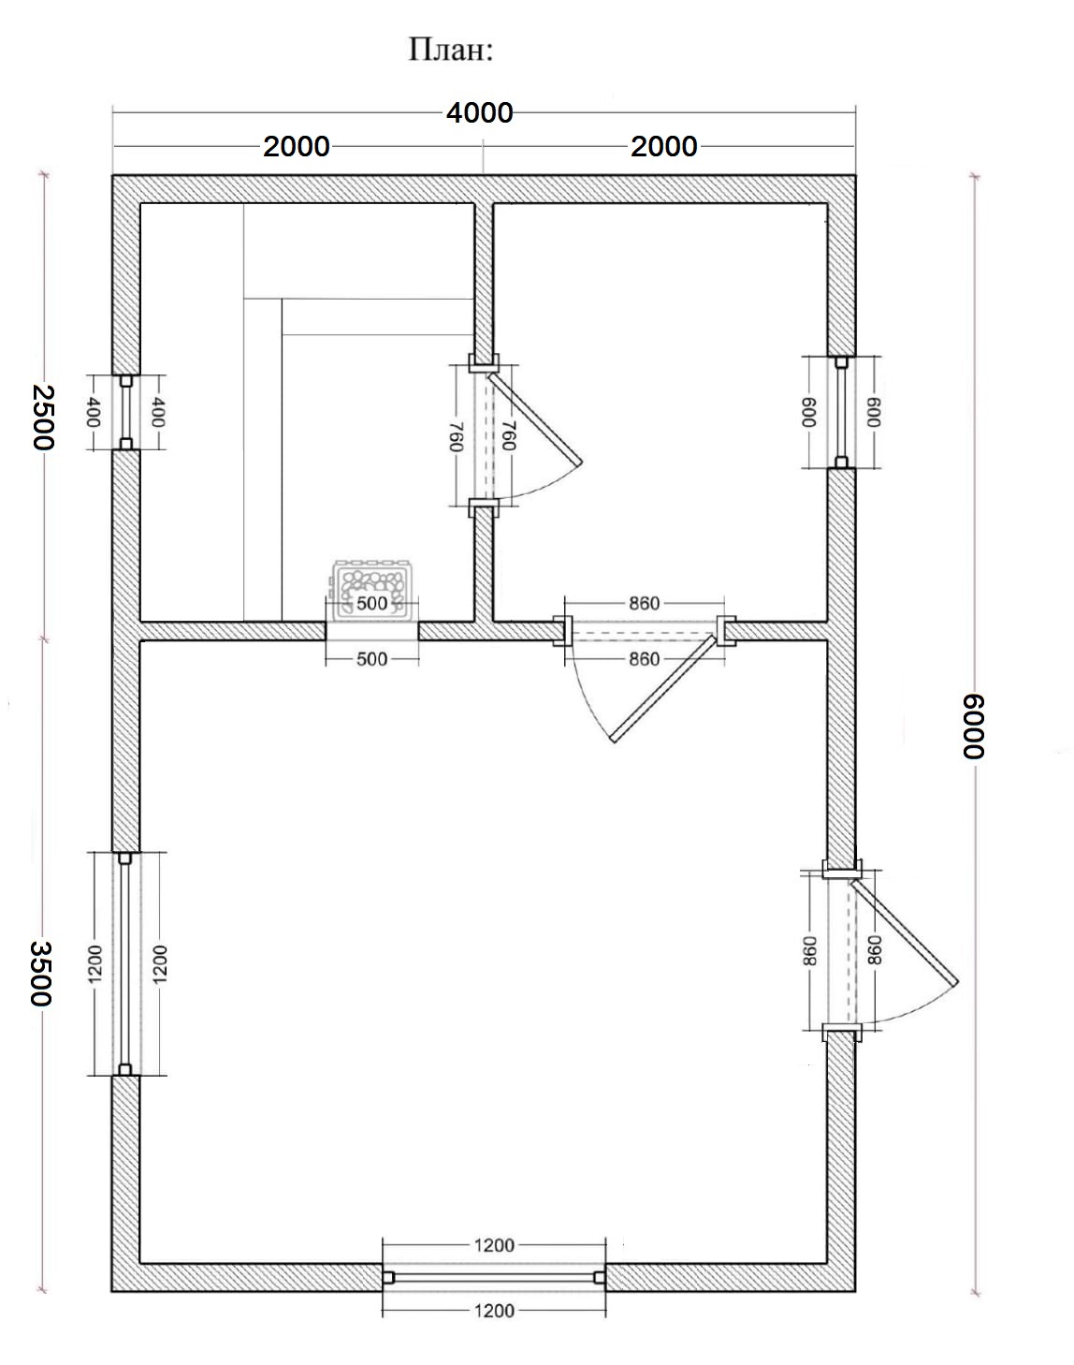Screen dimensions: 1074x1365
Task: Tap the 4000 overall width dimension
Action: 479,113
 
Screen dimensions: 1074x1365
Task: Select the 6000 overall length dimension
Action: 973,727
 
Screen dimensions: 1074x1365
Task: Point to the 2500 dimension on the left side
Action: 43,417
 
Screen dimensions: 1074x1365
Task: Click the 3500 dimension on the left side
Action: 42,974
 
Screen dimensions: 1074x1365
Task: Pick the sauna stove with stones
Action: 372,588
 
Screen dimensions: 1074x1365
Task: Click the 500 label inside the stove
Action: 371,603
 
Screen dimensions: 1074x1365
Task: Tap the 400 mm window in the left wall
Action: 126,412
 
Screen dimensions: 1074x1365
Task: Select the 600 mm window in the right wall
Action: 841,412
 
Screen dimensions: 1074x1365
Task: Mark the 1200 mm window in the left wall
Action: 125,963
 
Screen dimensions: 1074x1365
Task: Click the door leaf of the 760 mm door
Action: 534,418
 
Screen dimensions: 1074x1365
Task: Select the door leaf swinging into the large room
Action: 663,688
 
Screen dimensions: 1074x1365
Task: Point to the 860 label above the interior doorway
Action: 645,603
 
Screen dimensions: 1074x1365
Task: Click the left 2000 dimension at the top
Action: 296,147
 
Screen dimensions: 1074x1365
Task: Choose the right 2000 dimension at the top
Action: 664,147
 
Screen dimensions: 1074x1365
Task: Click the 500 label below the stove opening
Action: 371,659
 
